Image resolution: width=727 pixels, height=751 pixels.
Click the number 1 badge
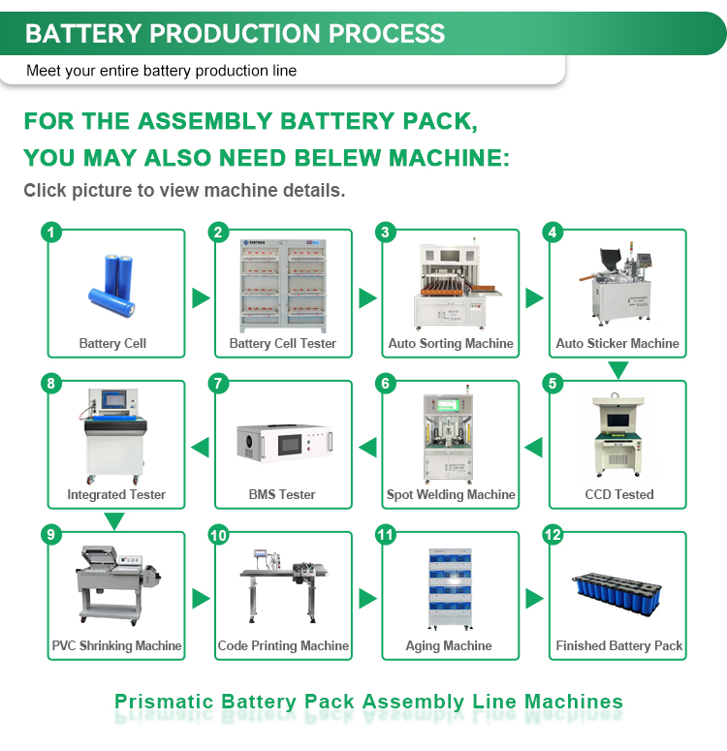52,233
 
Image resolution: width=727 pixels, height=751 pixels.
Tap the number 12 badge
553,535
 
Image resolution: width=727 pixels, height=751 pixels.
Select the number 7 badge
219,384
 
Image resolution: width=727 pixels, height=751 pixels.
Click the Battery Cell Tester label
283,343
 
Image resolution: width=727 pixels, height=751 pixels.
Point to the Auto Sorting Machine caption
451,343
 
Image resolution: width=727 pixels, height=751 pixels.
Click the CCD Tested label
619,494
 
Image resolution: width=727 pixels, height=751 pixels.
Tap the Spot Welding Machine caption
451,494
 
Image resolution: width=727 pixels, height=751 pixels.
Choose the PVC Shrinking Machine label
116,645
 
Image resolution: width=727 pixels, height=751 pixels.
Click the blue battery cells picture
113,282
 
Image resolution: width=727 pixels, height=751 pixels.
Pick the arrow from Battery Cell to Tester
201,297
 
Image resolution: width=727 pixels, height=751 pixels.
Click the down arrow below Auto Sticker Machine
617,370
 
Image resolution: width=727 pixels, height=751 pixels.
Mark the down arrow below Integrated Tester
114,521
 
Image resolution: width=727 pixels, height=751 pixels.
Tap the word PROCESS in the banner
387,34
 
